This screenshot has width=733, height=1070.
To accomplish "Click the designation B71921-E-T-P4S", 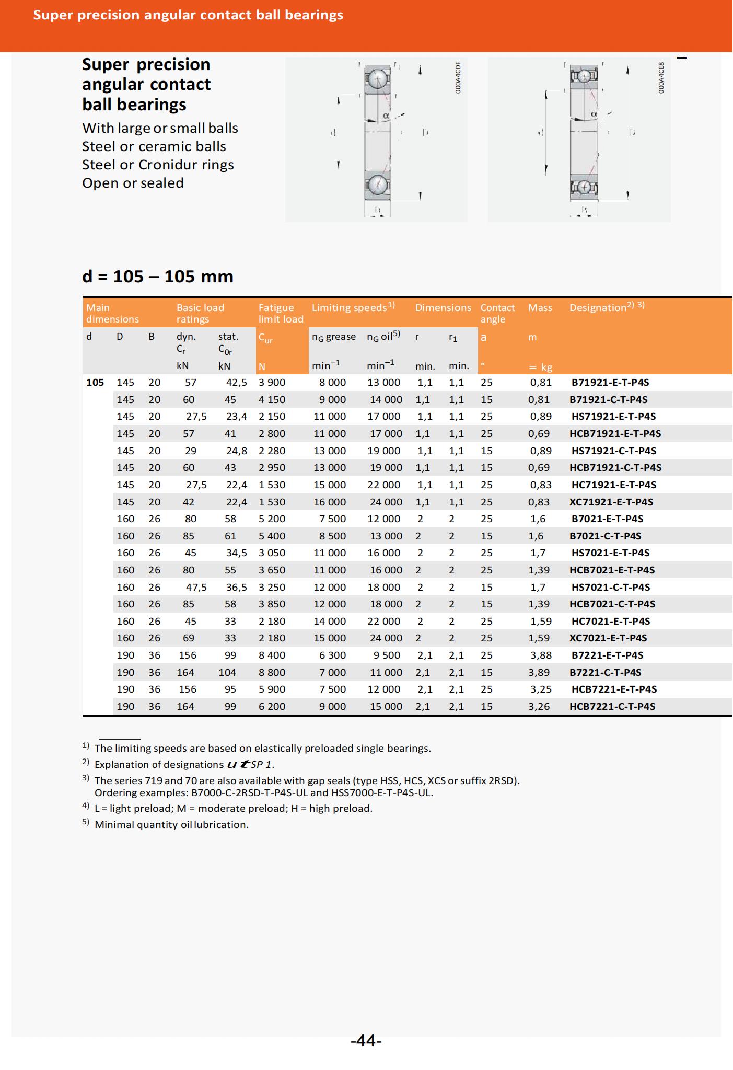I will (x=610, y=382).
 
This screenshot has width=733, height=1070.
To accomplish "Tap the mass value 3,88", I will (x=541, y=655).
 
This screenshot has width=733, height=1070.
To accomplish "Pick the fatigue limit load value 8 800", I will (x=272, y=672).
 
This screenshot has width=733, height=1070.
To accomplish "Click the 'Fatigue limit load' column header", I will (x=281, y=313).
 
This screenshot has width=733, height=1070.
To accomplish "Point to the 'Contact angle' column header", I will (x=497, y=313).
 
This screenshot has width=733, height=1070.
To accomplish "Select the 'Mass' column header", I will (x=540, y=308).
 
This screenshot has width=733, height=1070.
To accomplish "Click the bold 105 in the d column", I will (x=95, y=382).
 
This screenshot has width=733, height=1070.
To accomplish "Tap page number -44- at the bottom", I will (x=366, y=1041).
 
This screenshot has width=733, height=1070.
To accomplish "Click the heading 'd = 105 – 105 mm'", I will (x=158, y=276).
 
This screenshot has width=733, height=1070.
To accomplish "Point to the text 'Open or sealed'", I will (x=133, y=183).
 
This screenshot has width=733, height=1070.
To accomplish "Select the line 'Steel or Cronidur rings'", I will (x=158, y=165).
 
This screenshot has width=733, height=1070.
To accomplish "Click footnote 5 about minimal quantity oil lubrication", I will (x=171, y=824).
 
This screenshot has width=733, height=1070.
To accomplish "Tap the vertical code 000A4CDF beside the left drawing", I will (x=458, y=78).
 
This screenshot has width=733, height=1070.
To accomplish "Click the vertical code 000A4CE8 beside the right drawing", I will (x=661, y=78).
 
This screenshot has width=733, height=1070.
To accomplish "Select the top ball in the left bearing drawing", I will (x=377, y=79).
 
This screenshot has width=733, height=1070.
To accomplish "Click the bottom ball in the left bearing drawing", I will (x=377, y=184).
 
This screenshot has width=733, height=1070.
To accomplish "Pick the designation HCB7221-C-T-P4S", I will (x=612, y=706).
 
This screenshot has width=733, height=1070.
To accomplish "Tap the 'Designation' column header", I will (x=597, y=308).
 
